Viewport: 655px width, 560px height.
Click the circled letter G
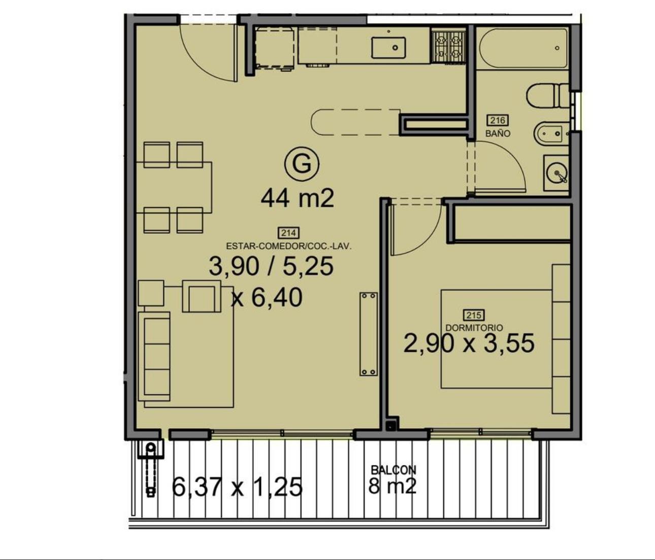coord(302,164)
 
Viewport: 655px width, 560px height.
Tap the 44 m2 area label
coord(297,198)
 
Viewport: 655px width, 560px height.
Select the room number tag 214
coord(288,233)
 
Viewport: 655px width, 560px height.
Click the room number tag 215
coord(474,315)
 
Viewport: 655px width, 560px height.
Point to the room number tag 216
coord(498,120)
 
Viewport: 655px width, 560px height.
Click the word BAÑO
coord(498,133)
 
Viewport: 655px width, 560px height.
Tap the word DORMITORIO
coord(474,328)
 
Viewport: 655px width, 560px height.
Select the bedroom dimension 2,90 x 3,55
coord(469,343)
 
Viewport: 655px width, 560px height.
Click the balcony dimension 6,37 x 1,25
coord(237,487)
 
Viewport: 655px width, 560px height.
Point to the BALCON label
coord(394,470)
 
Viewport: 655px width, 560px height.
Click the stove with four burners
coord(448,46)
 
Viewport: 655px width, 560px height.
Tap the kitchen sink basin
coord(388,48)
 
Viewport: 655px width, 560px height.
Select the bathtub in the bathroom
coord(523,48)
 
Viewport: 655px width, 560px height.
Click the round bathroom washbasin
coord(557,173)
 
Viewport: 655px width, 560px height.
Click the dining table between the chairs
coord(174,187)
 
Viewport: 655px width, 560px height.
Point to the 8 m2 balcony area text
coord(392,486)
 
